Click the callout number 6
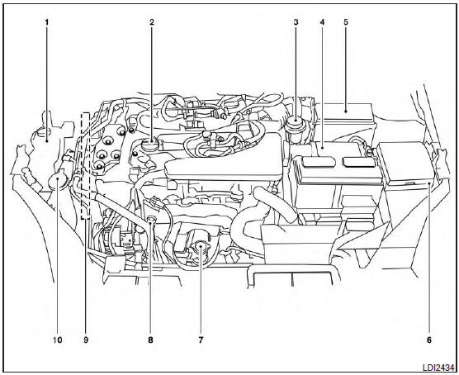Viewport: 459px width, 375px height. pyautogui.click(x=429, y=338)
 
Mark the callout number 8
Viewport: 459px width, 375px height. pyautogui.click(x=149, y=338)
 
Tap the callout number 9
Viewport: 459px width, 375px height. pyautogui.click(x=85, y=338)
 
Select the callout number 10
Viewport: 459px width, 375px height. pyautogui.click(x=57, y=338)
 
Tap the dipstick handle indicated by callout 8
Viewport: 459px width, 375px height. pyautogui.click(x=151, y=220)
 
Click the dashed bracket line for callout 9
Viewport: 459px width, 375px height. pyautogui.click(x=84, y=165)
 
